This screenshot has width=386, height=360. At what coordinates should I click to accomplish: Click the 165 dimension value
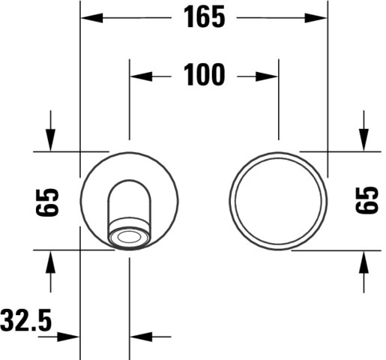click(204, 17)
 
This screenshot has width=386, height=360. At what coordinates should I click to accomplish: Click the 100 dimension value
click(204, 74)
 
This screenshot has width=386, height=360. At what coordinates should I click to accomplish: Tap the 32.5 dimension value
click(26, 320)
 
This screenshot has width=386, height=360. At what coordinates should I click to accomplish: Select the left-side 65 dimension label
click(47, 202)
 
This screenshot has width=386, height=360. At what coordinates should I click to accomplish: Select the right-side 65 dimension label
click(367, 200)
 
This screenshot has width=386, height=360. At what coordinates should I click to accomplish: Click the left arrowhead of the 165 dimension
click(91, 18)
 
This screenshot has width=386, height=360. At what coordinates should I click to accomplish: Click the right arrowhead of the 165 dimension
click(316, 18)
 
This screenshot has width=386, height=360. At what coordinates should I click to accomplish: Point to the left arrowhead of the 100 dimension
click(141, 76)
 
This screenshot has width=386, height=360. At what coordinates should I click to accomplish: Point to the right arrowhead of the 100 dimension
click(267, 76)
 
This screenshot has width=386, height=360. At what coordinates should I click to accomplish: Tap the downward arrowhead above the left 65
click(50, 140)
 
